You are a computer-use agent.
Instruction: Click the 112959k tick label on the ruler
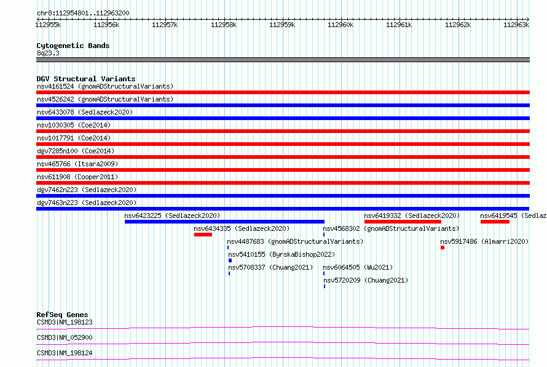tap(282, 25)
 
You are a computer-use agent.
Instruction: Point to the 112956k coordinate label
tap(106, 25)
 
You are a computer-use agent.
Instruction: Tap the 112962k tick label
tap(458, 25)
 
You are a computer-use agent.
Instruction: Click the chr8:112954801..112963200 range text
tap(83, 14)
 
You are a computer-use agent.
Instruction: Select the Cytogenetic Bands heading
tap(73, 46)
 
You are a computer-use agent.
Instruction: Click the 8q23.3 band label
tap(48, 53)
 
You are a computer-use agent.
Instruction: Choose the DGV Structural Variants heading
tap(86, 79)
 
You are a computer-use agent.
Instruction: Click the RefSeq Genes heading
tap(62, 315)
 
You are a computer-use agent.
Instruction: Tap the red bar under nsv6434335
tap(203, 235)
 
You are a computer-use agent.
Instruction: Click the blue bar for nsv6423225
tap(224, 222)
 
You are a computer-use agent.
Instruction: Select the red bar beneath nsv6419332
tap(403, 222)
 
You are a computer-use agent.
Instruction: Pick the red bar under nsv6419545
tap(495, 222)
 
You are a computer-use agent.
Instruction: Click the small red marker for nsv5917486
tap(443, 248)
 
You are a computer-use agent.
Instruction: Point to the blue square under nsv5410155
tap(230, 260)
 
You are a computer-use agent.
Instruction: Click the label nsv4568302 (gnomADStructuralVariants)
tap(391, 228)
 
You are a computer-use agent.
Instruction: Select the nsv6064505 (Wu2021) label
tap(358, 267)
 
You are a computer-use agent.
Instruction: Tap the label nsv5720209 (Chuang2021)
tap(366, 280)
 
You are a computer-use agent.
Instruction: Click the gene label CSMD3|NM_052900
tap(65, 337)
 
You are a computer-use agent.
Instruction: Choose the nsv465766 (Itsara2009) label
tap(77, 164)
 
